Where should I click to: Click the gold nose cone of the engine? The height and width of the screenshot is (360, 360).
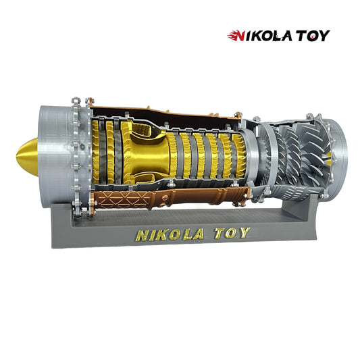pyautogui.click(x=28, y=157)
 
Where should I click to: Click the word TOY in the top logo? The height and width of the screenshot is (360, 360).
pyautogui.click(x=313, y=36)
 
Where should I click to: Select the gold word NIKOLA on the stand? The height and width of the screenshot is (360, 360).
pyautogui.click(x=170, y=234)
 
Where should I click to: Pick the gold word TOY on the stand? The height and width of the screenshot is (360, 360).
pyautogui.click(x=232, y=233)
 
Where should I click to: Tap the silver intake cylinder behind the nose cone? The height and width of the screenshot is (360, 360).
pyautogui.click(x=56, y=155)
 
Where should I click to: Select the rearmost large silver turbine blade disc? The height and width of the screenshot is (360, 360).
pyautogui.click(x=315, y=156)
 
